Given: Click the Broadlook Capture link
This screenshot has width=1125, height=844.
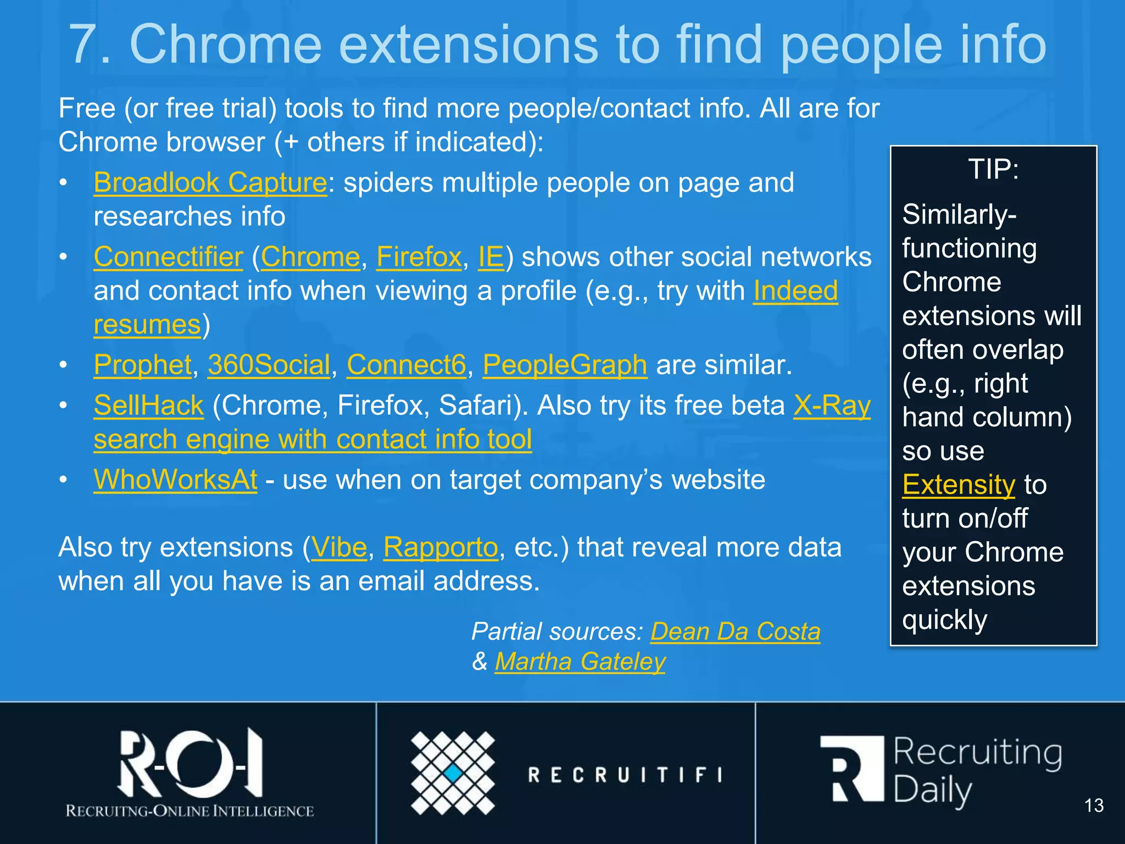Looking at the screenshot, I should point(210,182).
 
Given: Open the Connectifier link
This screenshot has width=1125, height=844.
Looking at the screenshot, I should point(168,257).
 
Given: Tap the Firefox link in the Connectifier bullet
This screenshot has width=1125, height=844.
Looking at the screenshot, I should point(419,257).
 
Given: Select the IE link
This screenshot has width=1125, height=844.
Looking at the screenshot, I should point(491,257).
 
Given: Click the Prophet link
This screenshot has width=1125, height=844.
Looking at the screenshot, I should point(143,364).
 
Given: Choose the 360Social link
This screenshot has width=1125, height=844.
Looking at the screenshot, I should point(269,364).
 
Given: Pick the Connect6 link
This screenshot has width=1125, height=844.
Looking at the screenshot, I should point(406,364).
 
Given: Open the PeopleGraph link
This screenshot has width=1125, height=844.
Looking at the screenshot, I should point(565,364).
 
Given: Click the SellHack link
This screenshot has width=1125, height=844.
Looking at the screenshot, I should point(148,406).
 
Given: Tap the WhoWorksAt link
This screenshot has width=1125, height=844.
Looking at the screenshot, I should point(175,480).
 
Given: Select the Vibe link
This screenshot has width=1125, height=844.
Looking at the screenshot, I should point(339,547).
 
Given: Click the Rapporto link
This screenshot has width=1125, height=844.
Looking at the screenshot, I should point(441,547).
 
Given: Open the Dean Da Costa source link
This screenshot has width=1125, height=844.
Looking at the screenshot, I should point(735,631).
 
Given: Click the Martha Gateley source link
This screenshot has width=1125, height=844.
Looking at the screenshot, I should point(580,661).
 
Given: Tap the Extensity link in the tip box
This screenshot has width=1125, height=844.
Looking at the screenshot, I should point(959,485).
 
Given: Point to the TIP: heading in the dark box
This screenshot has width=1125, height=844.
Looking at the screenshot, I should point(993,169).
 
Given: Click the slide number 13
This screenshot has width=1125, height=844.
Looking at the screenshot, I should point(1094,806).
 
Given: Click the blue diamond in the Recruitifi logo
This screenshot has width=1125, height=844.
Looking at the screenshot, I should point(453,773).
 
